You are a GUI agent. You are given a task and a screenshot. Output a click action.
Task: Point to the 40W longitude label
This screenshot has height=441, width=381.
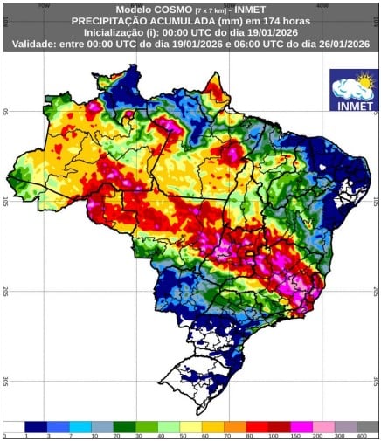(x=322, y=3)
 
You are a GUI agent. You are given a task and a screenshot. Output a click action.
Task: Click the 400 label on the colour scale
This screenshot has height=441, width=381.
(x=359, y=434)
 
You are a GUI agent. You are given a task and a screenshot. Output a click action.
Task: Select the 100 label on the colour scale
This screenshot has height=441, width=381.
(x=274, y=434)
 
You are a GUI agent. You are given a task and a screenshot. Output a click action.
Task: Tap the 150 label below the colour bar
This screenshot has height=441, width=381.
(x=295, y=434)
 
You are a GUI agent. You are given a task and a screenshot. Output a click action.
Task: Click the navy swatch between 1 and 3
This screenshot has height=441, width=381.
(x=37, y=425)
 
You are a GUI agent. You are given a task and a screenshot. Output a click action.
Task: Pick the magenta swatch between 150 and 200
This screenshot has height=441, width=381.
(x=306, y=425)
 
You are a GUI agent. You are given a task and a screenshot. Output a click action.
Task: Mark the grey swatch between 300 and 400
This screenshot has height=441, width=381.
(x=349, y=425)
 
